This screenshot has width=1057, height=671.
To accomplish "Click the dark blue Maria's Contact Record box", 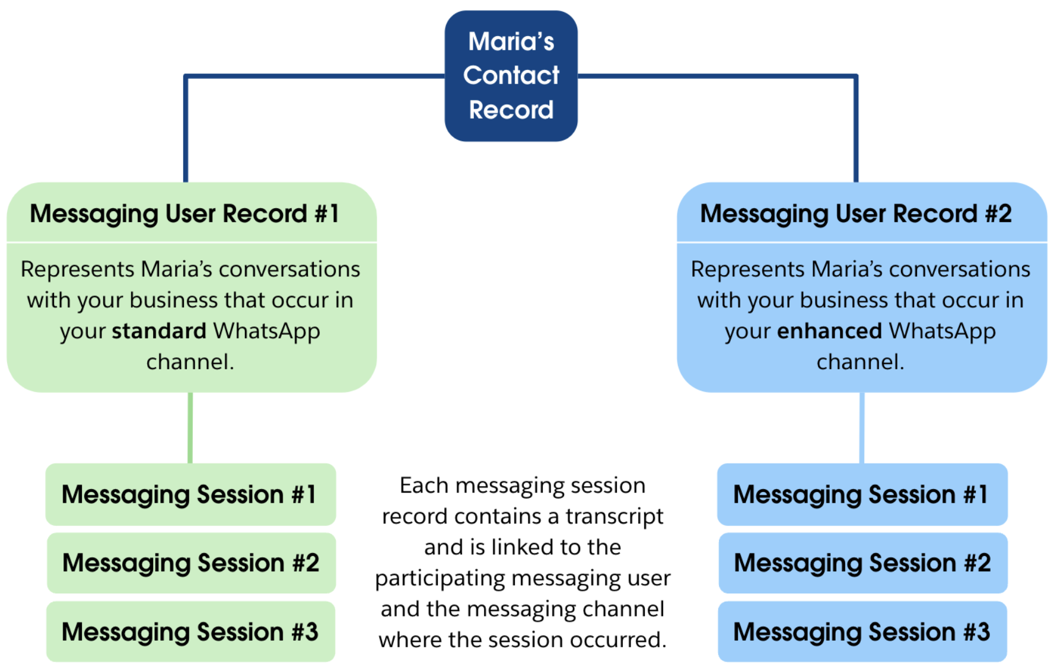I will (x=511, y=76).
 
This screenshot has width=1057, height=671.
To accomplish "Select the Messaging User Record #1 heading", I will (x=184, y=213).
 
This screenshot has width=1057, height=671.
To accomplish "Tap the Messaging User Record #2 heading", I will (x=855, y=213).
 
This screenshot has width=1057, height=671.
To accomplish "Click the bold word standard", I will (x=159, y=331).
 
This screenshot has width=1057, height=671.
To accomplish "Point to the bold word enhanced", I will (x=829, y=331).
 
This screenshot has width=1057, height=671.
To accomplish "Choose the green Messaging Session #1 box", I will (x=190, y=494).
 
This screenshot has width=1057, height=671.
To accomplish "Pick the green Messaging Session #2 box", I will (x=191, y=563).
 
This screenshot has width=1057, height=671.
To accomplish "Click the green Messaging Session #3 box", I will (x=190, y=631).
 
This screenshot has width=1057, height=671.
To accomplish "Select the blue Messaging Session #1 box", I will (x=861, y=494).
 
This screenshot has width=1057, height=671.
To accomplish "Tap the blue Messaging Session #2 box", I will (x=862, y=563).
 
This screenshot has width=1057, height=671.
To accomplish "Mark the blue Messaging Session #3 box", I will (x=862, y=631).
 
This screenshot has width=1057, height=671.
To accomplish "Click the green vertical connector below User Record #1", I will (x=190, y=427).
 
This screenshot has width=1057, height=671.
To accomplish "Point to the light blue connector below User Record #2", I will (x=861, y=427).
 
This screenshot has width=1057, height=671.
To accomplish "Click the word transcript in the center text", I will (x=614, y=517).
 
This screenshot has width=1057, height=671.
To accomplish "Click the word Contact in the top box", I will (x=511, y=75).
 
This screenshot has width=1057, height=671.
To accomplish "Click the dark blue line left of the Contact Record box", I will (x=314, y=76).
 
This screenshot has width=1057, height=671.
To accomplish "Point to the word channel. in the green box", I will (x=190, y=362).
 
